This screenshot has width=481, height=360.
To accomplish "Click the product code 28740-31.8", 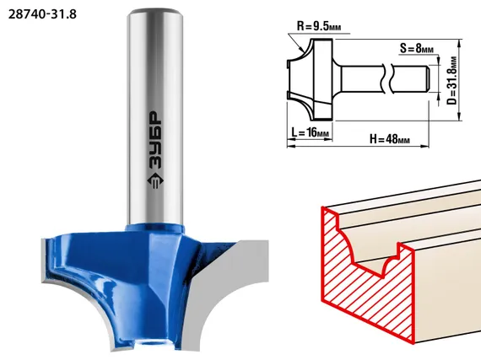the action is [x=42, y=14].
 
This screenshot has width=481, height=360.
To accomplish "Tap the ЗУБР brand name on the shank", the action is [x=155, y=141].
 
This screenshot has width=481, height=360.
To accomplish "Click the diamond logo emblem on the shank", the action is [x=155, y=181].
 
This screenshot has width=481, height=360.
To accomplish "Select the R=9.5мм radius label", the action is [x=319, y=26].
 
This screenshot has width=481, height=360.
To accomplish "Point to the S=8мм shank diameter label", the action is [x=417, y=48].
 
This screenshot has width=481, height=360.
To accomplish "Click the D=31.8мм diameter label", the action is [x=451, y=81].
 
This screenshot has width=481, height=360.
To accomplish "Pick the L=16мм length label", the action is [x=310, y=132].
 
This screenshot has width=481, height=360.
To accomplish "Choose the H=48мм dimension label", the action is [x=390, y=139].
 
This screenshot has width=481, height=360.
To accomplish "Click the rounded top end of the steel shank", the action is [x=155, y=14].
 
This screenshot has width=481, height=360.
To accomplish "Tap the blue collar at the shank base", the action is [x=155, y=228].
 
